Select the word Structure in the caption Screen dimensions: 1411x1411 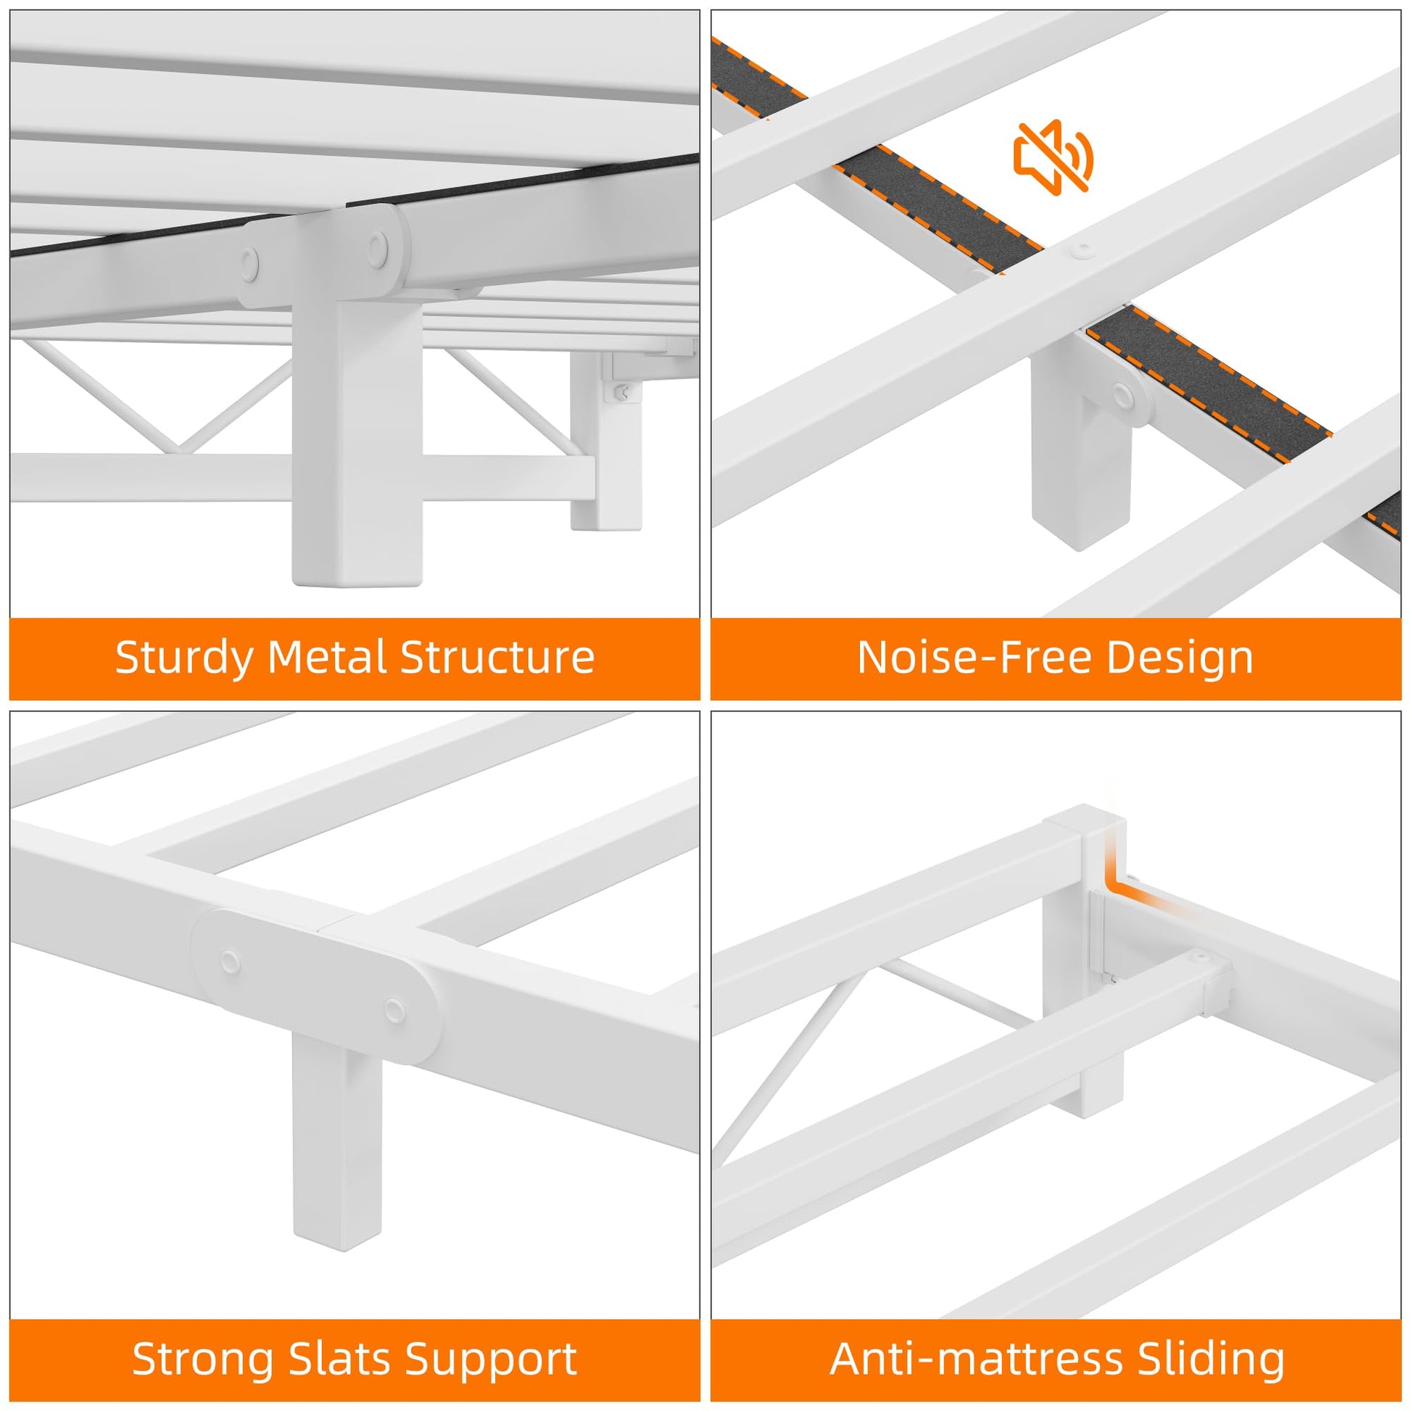[x=497, y=658]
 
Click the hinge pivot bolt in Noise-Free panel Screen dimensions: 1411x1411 [x=1122, y=394]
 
